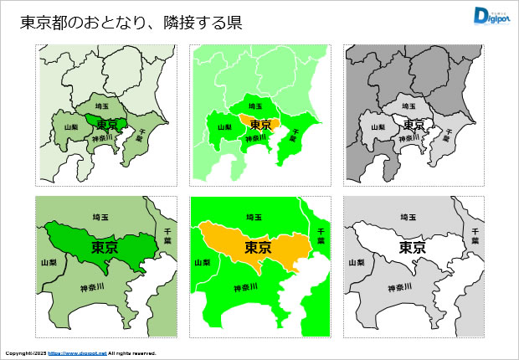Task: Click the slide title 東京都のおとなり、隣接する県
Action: point(131,23)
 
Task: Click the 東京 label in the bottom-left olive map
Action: point(104,248)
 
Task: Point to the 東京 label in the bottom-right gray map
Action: point(412,248)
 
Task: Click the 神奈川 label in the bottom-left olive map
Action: point(91,288)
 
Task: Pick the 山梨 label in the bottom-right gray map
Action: point(356,262)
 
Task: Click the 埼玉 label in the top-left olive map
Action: point(103,107)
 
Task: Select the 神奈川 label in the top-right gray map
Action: point(409,138)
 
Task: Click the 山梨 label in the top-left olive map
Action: point(71,127)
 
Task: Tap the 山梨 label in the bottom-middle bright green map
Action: point(202,262)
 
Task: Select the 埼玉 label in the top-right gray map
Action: point(410,107)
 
